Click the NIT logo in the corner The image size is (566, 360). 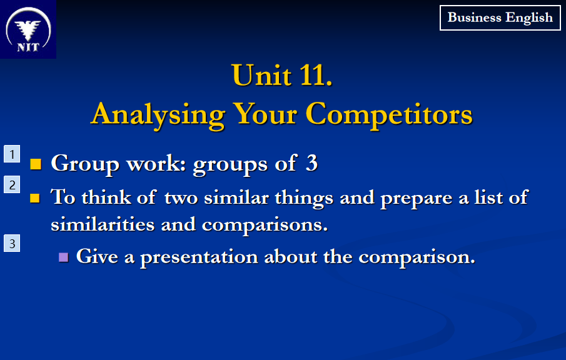pos(28,29)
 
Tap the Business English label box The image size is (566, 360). pos(500,17)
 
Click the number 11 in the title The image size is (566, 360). pos(312,76)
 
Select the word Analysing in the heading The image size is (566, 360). pos(158,115)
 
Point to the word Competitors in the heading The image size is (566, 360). pos(389,115)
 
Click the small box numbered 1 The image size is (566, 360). pos(12,154)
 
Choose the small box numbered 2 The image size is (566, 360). pos(12,185)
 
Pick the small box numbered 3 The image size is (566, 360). pos(12,244)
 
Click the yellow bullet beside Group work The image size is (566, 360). pos(36,164)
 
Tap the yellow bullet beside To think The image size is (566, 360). pos(35,198)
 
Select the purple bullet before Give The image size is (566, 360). pos(64,257)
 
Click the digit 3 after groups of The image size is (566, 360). pos(311,163)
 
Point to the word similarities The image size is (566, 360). pos(103,224)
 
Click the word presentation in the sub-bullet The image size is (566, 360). pos(199,257)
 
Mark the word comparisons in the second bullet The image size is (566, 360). pos(265,225)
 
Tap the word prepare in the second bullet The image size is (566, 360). pos(416,198)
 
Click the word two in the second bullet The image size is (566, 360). pos(181,198)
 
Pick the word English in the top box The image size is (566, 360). pos(529,18)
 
